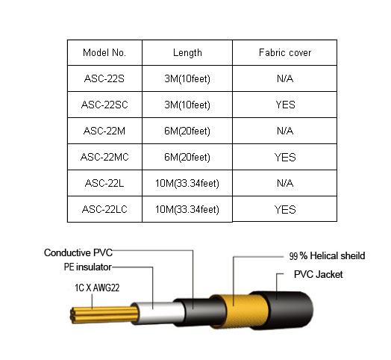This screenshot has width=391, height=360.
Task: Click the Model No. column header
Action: [104, 53]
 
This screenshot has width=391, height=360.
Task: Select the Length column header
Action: [187, 53]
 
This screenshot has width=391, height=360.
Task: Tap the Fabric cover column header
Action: [285, 53]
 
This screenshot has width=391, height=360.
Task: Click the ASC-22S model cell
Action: [104, 78]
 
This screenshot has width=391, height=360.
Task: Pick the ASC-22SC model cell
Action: [104, 105]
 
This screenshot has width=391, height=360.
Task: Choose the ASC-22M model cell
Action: [104, 131]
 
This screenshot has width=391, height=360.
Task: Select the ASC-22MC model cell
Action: [104, 157]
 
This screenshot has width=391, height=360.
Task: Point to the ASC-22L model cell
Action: [104, 183]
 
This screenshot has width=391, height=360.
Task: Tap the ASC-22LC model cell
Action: [104, 209]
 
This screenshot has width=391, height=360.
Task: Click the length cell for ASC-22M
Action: [187, 131]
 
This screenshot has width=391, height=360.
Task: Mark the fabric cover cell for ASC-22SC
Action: [285, 105]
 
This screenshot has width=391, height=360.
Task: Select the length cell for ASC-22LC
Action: [187, 209]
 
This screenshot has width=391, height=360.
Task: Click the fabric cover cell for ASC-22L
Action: [285, 183]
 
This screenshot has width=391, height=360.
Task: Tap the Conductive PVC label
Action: [78, 252]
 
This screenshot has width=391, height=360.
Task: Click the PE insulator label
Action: [88, 267]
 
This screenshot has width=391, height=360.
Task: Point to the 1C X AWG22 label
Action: [97, 288]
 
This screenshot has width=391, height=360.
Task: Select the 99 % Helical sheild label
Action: [327, 256]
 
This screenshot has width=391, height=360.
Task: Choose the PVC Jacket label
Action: [319, 274]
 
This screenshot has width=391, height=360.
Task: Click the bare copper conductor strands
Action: [104, 315]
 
